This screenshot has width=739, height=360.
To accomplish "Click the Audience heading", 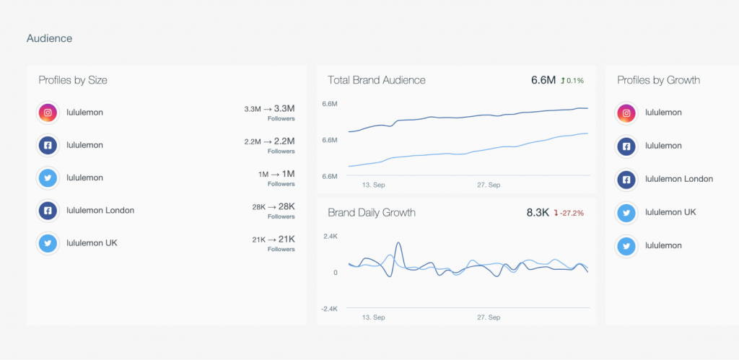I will tap(49, 38).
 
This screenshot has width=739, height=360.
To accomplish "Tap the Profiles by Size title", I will tap(73, 80).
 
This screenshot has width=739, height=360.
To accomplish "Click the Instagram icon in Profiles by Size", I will tap(48, 113).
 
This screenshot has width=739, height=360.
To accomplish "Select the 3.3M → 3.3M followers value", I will tap(269, 109).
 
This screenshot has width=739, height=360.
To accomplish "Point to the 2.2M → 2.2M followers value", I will tap(269, 141).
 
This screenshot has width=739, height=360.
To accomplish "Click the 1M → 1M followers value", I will tap(276, 174).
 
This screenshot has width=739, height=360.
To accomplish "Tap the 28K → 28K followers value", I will tap(273, 206).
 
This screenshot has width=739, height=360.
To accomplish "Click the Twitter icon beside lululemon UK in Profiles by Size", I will tap(48, 243).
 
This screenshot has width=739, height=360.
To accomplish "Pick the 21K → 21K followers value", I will tap(273, 239).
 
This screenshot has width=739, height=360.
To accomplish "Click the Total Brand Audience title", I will tap(377, 80).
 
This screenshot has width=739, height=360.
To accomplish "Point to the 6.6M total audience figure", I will tap(543, 80).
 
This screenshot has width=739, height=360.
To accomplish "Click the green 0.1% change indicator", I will tap(572, 80).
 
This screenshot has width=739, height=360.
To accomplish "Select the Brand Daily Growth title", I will tap(372, 213).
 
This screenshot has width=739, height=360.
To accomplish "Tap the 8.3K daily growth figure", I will tap(538, 213).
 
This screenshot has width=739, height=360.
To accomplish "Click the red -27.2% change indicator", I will tap(569, 213).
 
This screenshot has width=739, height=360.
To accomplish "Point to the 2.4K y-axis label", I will tap(331, 236).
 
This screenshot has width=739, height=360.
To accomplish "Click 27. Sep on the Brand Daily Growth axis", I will tap(489, 317).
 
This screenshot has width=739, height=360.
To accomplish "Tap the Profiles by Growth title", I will tap(658, 80).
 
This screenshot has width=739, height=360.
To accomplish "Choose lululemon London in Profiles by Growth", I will tap(678, 179).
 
